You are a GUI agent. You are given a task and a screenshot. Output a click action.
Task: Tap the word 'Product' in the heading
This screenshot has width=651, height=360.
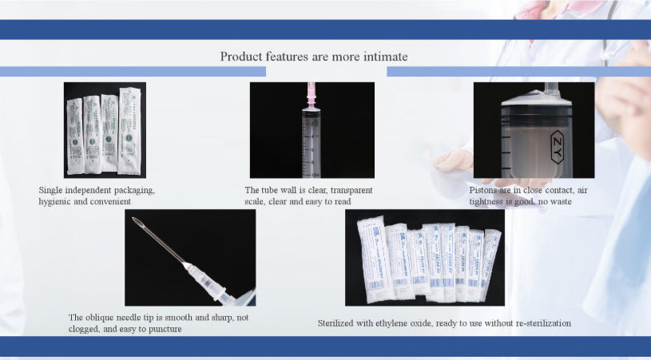click(x=241, y=57)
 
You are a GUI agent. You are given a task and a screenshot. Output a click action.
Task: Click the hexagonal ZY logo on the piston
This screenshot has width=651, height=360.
click(x=557, y=148)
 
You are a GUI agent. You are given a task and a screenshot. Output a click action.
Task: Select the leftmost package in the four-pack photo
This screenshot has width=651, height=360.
click(x=75, y=131)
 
